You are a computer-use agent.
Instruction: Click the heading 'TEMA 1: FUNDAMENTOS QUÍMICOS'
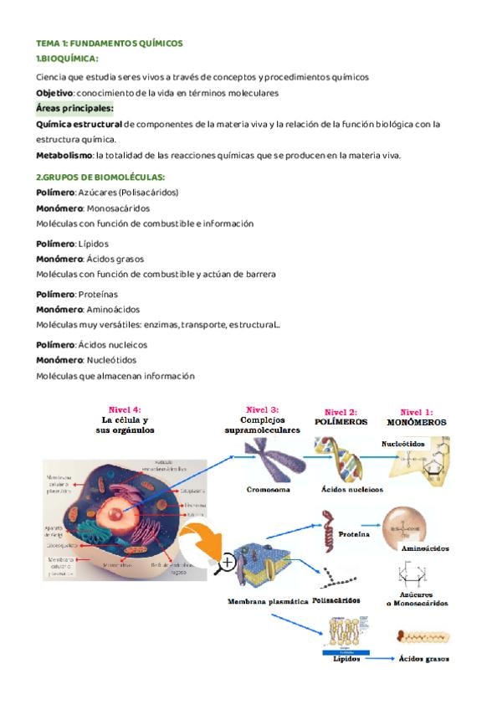coord(109,43)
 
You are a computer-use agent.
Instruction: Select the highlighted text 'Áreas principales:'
coord(75,108)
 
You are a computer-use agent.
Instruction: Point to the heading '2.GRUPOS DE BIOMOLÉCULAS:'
coord(100,177)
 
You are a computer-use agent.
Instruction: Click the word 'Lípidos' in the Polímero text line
coord(94,244)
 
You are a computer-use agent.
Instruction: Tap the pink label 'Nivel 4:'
coord(125,410)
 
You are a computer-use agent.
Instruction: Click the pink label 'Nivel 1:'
coord(416,412)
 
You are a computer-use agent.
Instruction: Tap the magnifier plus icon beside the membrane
coord(226,563)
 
